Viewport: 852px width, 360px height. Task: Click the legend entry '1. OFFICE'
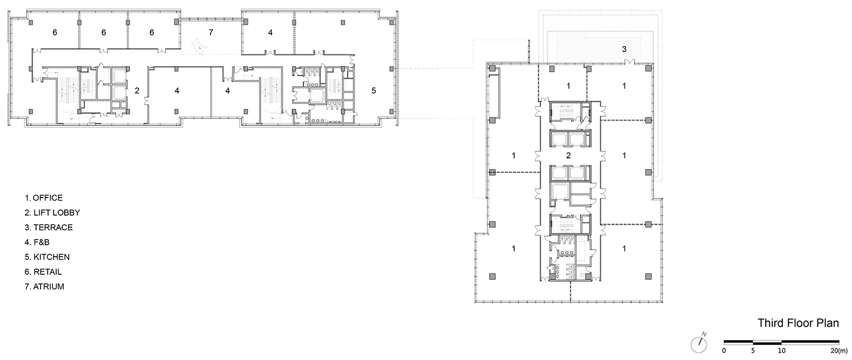[x=44, y=198]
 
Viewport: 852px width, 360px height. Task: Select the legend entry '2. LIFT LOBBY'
[x=53, y=213]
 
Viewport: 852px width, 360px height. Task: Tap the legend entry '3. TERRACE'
[x=49, y=228]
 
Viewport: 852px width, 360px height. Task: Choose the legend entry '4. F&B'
[x=37, y=242]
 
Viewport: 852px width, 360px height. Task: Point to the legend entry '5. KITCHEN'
[x=47, y=257]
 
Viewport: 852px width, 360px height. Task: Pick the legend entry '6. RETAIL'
[x=44, y=272]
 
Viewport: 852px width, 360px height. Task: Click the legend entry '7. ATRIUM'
[x=45, y=287]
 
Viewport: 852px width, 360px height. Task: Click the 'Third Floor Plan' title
[x=798, y=323]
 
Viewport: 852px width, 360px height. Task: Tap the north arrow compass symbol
[x=699, y=343]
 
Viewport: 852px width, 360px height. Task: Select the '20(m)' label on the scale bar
[x=839, y=350]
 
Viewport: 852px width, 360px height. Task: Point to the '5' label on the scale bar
[x=753, y=350]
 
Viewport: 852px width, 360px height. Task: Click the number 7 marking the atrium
[x=210, y=33]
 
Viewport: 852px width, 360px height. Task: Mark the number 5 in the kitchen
[x=374, y=91]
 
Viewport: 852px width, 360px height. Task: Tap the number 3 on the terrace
[x=624, y=49]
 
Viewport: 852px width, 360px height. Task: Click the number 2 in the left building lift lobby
[x=137, y=91]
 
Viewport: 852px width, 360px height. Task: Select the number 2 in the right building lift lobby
[x=568, y=155]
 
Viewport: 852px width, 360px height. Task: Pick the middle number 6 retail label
[x=103, y=33]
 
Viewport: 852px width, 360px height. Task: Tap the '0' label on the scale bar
[x=724, y=350]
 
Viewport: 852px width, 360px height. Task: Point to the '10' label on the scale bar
[x=782, y=350]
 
